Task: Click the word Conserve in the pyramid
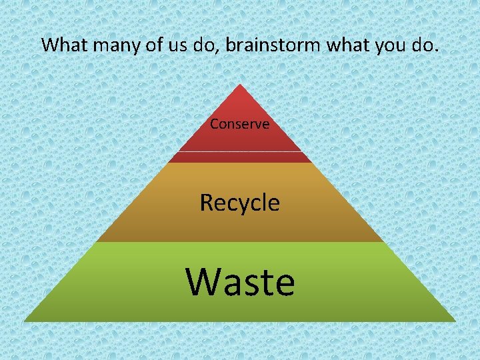pos(239,124)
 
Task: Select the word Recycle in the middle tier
pos(239,202)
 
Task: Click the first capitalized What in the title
pos(61,45)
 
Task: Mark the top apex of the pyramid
pos(239,85)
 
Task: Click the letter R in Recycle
pos(207,202)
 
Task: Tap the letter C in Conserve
pos(214,124)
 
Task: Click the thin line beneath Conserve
pos(239,151)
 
